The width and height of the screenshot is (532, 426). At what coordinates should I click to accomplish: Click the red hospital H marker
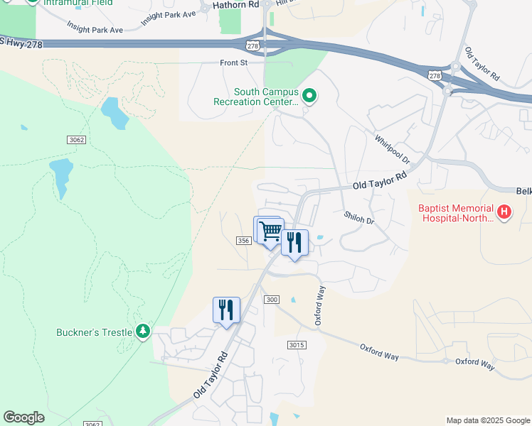click(504, 212)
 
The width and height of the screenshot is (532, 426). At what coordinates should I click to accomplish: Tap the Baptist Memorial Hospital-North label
click(454, 213)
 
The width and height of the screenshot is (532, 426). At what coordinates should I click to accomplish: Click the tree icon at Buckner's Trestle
click(144, 332)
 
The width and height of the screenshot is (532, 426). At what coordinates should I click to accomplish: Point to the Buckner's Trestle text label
click(95, 332)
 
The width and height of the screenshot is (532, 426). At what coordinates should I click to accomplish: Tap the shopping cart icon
click(270, 231)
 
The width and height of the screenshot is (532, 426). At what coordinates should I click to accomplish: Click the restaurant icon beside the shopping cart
click(294, 242)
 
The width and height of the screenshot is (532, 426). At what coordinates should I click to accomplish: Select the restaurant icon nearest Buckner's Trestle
click(226, 310)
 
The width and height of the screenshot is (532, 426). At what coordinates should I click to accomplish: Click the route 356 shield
click(243, 241)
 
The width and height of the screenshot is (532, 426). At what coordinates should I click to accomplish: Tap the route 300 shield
click(271, 300)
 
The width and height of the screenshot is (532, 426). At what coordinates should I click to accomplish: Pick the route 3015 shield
click(297, 345)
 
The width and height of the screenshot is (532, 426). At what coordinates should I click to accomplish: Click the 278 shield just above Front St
click(253, 45)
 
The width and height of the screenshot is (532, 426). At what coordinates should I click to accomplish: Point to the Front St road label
click(233, 63)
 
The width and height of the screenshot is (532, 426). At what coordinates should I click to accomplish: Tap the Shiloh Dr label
click(358, 218)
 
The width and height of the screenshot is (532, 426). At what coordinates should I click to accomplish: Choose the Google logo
click(23, 417)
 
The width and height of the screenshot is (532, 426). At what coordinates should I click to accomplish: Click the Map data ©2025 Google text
click(487, 420)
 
